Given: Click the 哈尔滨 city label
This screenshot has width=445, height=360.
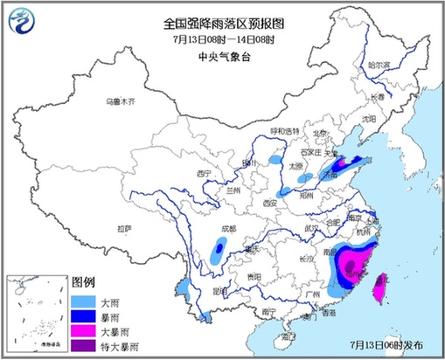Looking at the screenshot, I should (377, 64).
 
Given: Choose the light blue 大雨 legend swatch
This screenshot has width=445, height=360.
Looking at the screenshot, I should (84, 299).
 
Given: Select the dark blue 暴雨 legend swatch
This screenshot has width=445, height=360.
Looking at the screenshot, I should (84, 315).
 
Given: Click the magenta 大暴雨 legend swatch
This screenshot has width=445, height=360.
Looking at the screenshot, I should (84, 332).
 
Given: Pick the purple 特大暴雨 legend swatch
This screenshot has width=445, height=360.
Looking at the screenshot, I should (84, 348).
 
